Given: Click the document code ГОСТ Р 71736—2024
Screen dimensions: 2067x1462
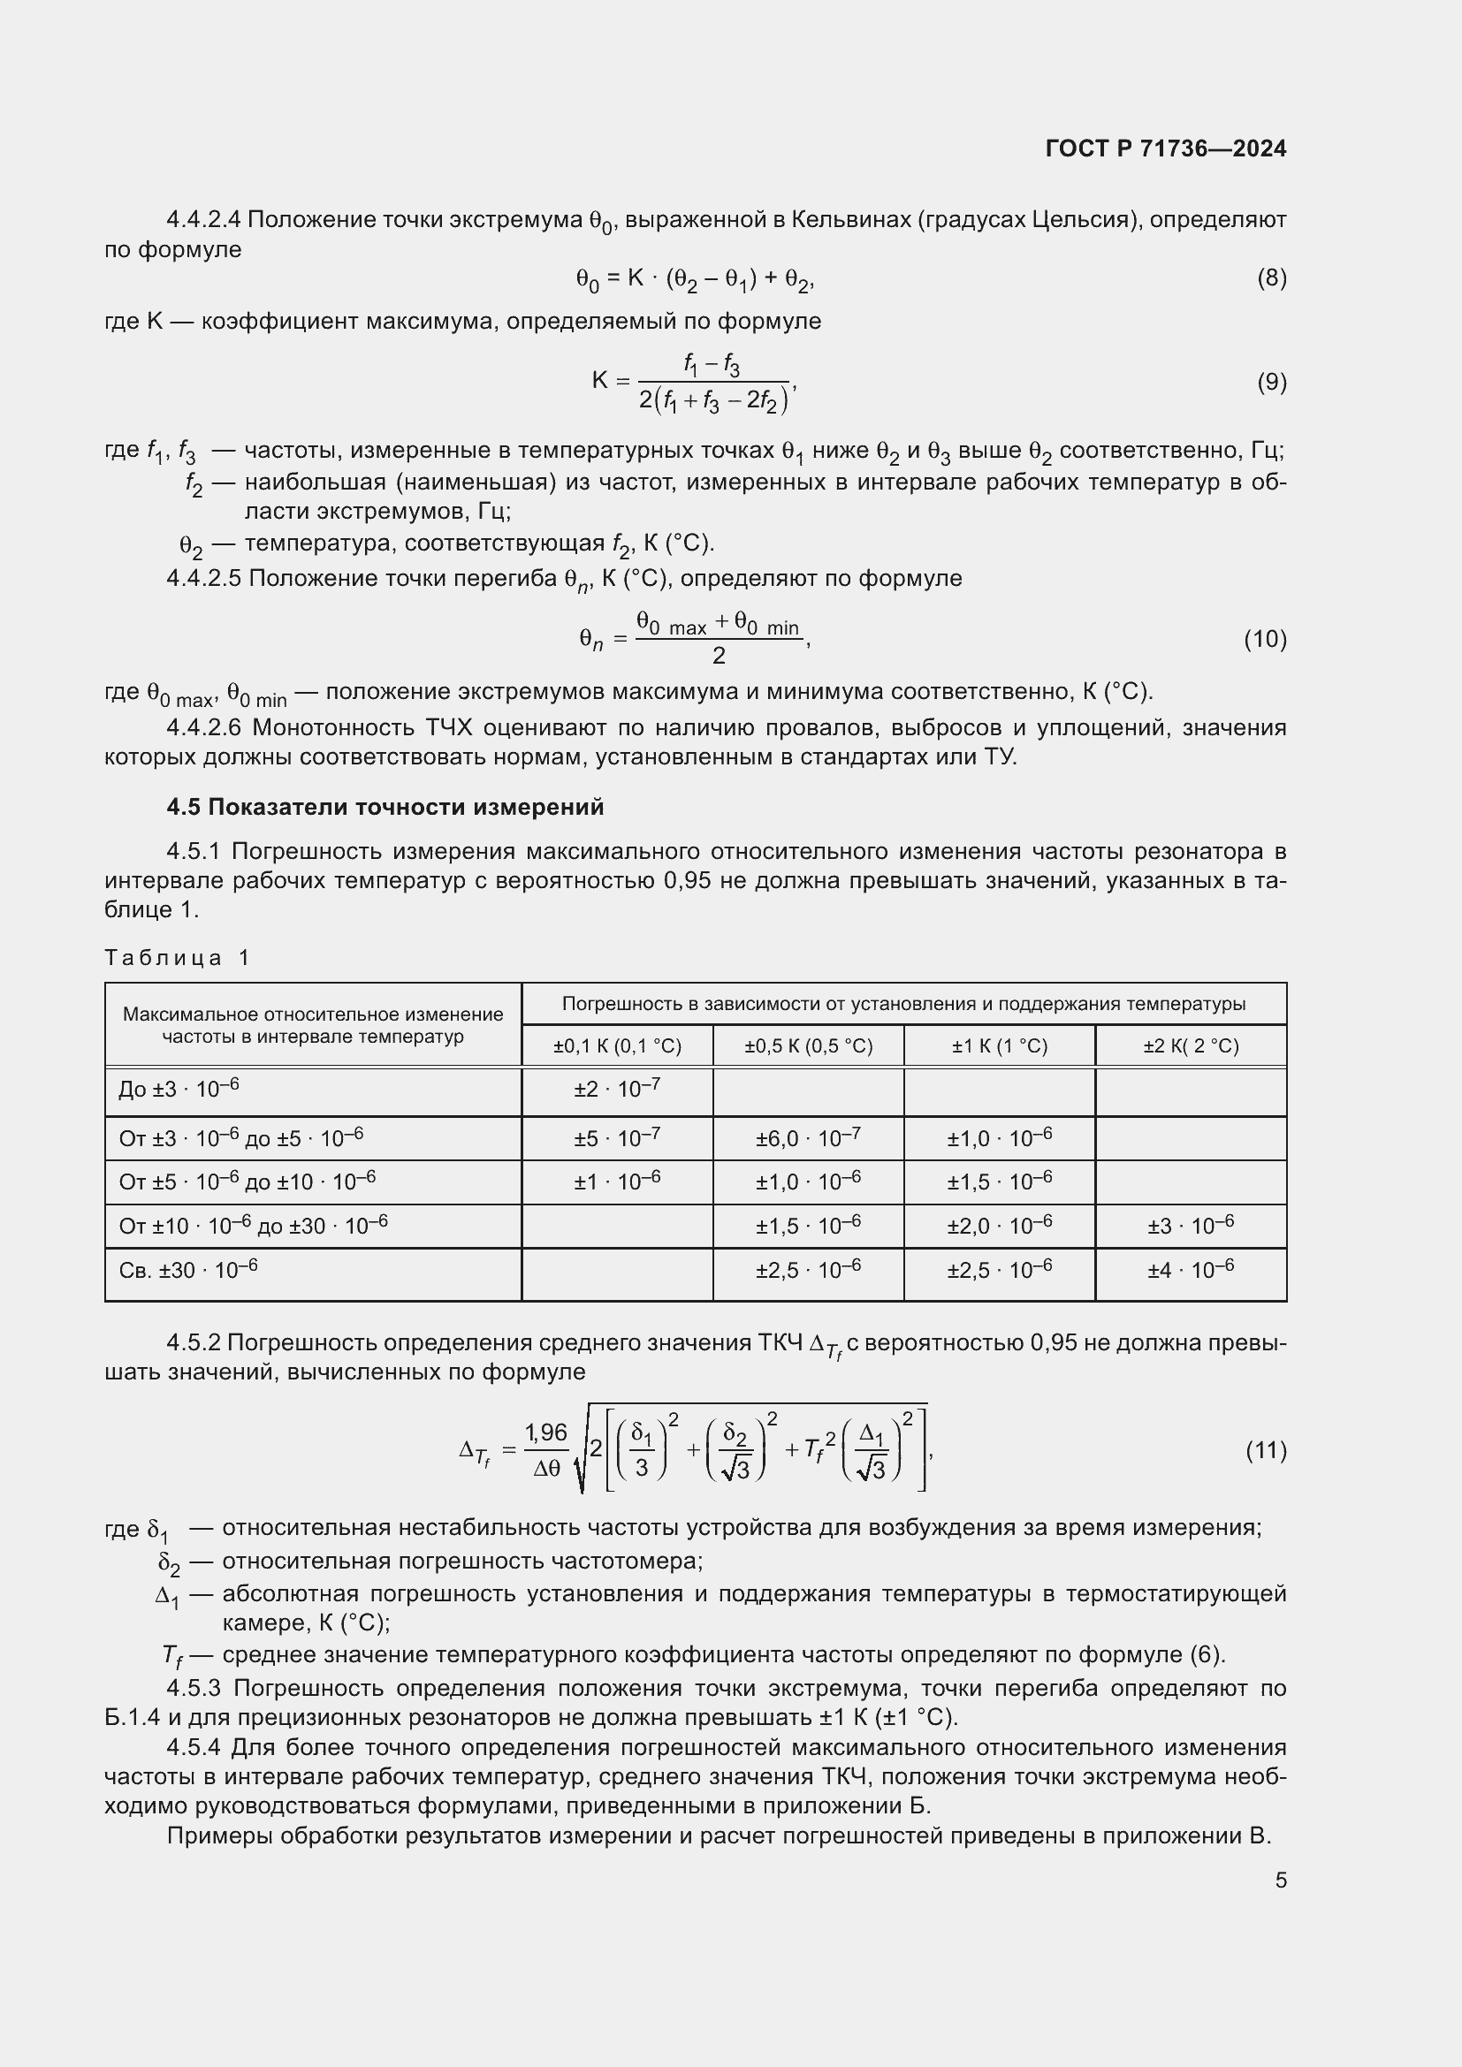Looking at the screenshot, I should pyautogui.click(x=1166, y=148).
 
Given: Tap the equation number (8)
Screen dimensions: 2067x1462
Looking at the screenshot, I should pyautogui.click(x=1271, y=278).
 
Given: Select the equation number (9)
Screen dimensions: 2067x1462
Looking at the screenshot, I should pyautogui.click(x=1271, y=383).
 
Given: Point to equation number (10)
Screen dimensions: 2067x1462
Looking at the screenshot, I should pyautogui.click(x=1265, y=639).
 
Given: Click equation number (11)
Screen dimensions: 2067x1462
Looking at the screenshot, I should pyautogui.click(x=1266, y=1450).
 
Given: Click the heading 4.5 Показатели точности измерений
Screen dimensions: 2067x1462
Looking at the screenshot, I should pyautogui.click(x=385, y=807).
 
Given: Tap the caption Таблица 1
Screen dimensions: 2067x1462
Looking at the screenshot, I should pyautogui.click(x=177, y=957).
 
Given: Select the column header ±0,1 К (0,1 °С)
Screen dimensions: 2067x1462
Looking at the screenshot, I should pyautogui.click(x=618, y=1046).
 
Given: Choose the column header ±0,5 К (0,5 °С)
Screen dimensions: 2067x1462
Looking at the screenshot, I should pyautogui.click(x=809, y=1046).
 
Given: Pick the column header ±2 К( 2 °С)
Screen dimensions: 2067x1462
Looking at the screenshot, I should pyautogui.click(x=1191, y=1046).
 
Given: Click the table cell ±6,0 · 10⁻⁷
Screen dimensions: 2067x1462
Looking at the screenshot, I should pyautogui.click(x=809, y=1138).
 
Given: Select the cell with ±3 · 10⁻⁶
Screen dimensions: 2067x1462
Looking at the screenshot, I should pyautogui.click(x=1190, y=1225).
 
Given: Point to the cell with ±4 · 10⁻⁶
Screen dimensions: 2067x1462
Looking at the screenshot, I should pyautogui.click(x=1190, y=1269).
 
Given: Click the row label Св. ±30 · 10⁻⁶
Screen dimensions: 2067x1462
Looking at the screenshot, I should pyautogui.click(x=188, y=1269).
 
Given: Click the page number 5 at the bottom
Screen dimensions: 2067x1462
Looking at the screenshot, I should pyautogui.click(x=1280, y=1881).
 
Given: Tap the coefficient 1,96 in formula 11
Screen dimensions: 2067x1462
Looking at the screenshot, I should pyautogui.click(x=546, y=1432).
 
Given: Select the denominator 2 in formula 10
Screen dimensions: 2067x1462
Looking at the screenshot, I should pyautogui.click(x=719, y=657).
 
